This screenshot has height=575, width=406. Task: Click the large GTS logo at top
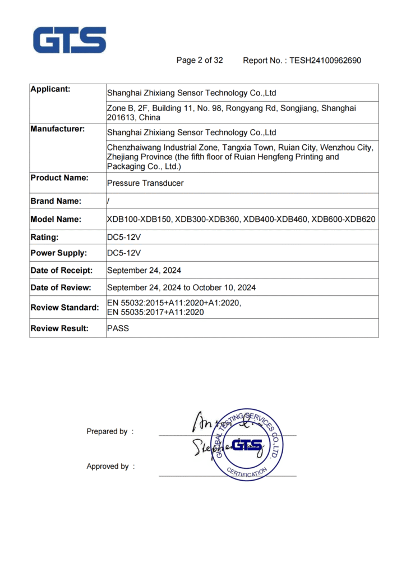[x=70, y=40]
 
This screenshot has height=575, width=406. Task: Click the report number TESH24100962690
[x=325, y=61]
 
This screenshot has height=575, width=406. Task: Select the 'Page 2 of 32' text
[x=200, y=60]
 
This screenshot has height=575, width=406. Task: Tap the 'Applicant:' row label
[x=50, y=89]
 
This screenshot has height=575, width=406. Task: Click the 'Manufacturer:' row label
[x=58, y=129]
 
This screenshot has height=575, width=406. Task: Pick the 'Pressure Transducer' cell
[x=145, y=183]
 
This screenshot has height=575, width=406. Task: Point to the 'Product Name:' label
[x=59, y=178]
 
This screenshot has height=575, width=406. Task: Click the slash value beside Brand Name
[x=108, y=202]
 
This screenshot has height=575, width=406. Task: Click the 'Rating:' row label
[x=45, y=238]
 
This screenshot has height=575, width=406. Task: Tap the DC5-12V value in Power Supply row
[x=124, y=253]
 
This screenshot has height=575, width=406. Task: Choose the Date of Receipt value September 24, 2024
[x=144, y=271]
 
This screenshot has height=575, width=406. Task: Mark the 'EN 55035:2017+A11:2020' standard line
[x=155, y=312]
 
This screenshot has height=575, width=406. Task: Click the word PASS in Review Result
[x=118, y=328]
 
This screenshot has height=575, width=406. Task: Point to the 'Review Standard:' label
[x=64, y=308]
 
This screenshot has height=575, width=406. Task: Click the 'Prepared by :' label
[x=110, y=432]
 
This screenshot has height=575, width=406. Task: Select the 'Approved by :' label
[x=110, y=467]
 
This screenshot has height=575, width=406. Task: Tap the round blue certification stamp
[x=245, y=444]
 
